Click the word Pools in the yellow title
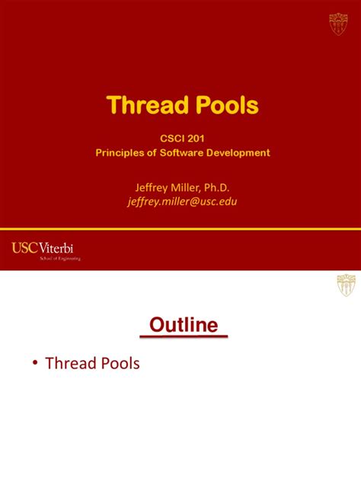pyautogui.click(x=223, y=106)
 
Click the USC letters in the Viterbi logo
pyautogui.click(x=25, y=248)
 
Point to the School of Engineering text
pyautogui.click(x=59, y=259)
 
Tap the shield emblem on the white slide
pyautogui.click(x=346, y=285)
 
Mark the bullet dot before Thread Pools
pyautogui.click(x=35, y=364)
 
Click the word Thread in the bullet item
pyautogui.click(x=69, y=364)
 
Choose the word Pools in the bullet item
pyautogui.click(x=119, y=364)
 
